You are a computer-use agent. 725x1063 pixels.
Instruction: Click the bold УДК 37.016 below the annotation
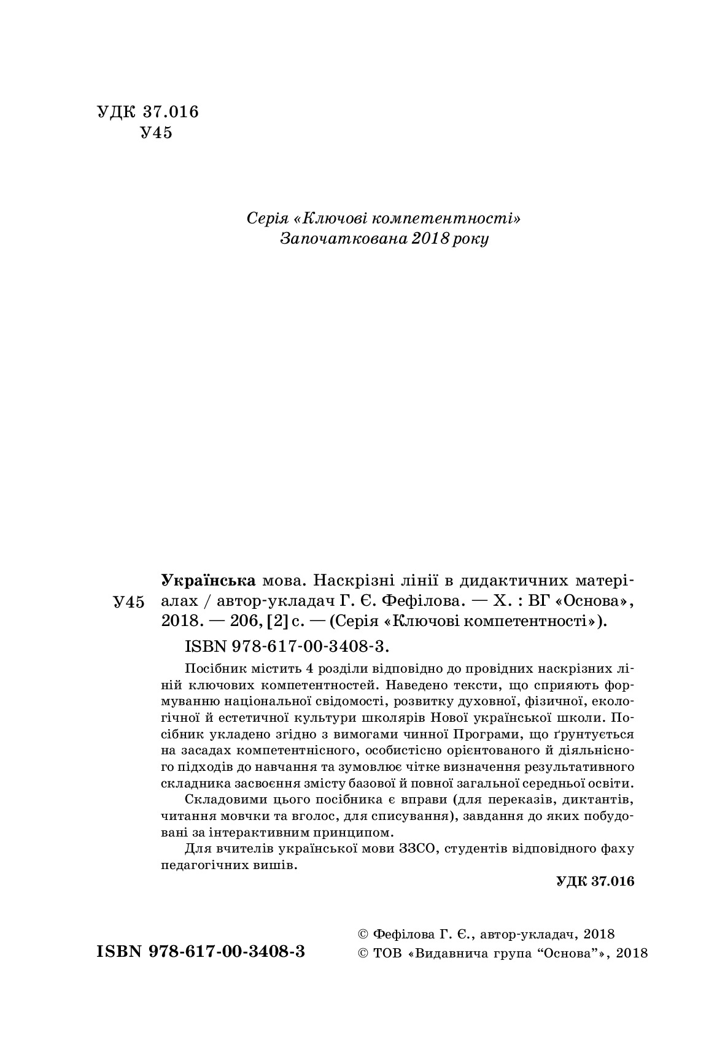tap(594, 881)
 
